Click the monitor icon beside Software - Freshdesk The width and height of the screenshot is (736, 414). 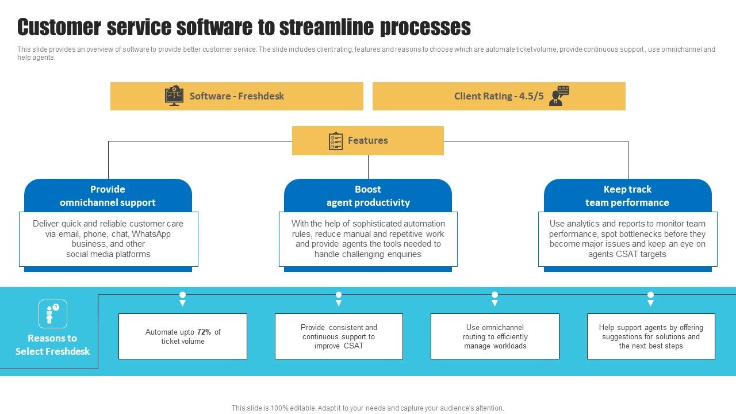[174, 96]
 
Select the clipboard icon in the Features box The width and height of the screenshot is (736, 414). [336, 141]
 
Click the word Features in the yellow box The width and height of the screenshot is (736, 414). [368, 141]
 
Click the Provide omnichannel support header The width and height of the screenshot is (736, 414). [108, 195]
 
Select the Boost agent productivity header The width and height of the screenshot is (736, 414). [368, 195]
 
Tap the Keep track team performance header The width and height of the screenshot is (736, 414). [627, 195]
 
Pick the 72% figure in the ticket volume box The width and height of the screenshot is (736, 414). [204, 332]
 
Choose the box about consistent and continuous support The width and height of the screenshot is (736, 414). [339, 336]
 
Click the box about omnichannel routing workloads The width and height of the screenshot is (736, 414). [494, 336]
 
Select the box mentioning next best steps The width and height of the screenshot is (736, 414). [651, 336]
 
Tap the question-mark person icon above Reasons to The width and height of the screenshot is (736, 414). [52, 314]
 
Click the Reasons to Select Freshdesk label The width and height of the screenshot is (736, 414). [52, 345]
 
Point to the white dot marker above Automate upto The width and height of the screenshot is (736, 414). [182, 295]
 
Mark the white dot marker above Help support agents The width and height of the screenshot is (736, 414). [650, 295]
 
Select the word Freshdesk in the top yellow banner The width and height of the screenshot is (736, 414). [261, 96]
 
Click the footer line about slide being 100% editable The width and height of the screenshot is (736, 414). [368, 408]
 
